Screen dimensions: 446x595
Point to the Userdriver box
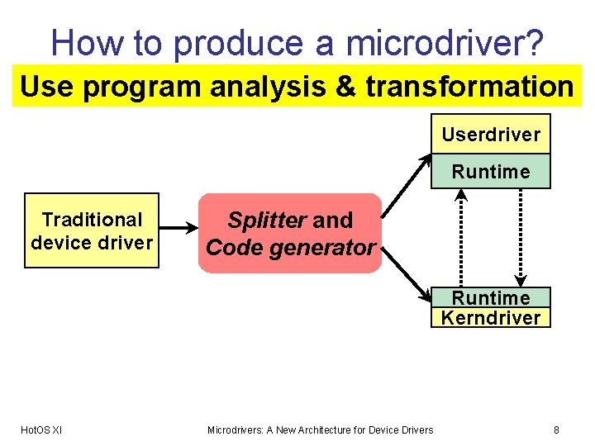point(491,134)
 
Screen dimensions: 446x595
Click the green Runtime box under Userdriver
point(491,172)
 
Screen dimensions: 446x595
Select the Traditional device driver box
point(92,230)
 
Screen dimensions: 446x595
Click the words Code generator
point(291,247)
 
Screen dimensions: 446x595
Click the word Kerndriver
point(491,317)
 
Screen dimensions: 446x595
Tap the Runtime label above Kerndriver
point(491,297)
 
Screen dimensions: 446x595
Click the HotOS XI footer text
point(40,429)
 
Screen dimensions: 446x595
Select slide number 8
point(556,429)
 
